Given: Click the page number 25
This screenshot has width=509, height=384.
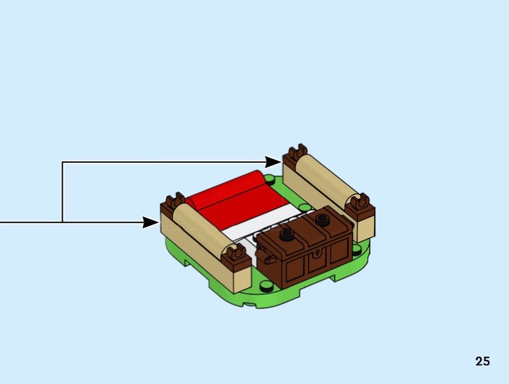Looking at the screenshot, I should coord(482,361).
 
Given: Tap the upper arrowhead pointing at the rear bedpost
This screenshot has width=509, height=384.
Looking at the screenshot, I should coord(273,163).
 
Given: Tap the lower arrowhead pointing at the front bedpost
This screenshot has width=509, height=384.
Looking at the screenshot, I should coord(150,222).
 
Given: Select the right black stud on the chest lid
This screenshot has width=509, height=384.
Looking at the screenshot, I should coord(321,219).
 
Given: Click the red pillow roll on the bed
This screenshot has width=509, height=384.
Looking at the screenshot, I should coord(229,197).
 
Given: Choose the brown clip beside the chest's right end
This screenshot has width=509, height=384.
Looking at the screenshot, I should coord(360,207).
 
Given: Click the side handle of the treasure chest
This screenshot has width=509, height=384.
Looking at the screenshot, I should coord(268,260).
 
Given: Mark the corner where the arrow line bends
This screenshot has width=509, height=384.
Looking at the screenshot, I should coord(62,163).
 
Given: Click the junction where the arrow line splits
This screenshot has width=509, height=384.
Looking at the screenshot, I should coord(62,222).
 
